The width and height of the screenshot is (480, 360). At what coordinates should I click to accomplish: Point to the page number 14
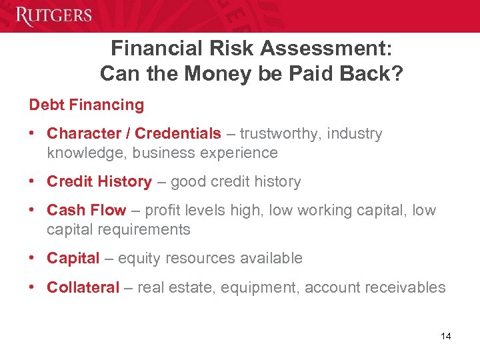pyautogui.click(x=446, y=336)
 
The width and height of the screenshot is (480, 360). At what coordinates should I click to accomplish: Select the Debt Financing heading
pyautogui.click(x=86, y=105)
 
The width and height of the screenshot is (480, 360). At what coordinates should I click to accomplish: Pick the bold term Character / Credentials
pyautogui.click(x=133, y=134)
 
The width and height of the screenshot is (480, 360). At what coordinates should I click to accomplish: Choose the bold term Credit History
pyautogui.click(x=99, y=181)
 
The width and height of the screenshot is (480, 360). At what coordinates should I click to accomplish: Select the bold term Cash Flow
pyautogui.click(x=86, y=211)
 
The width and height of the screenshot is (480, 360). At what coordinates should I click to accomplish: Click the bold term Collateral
pyautogui.click(x=83, y=287)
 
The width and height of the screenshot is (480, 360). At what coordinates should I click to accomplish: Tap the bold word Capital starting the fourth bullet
pyautogui.click(x=73, y=258)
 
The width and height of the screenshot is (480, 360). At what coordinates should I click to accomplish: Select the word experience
pyautogui.click(x=241, y=153)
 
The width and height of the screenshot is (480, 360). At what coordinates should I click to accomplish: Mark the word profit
pyautogui.click(x=163, y=211)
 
